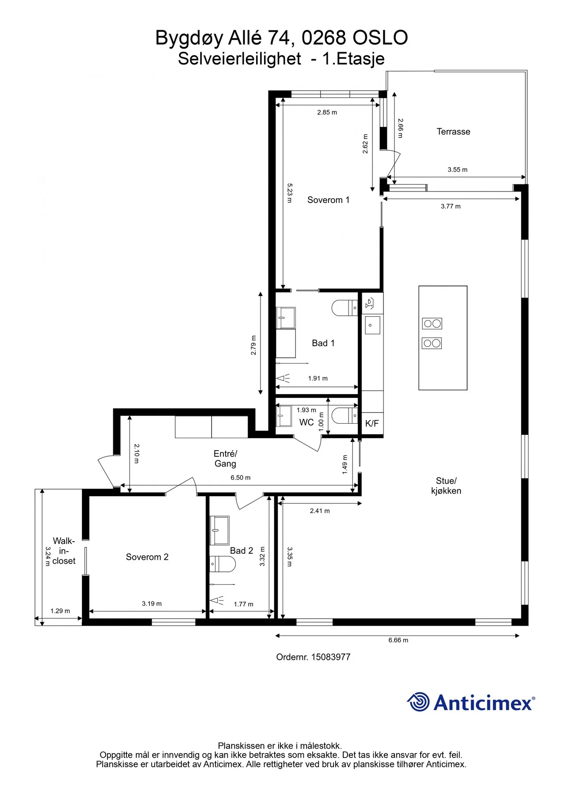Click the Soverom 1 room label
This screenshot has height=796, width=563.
point(328,200)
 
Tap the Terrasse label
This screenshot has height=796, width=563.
point(453,131)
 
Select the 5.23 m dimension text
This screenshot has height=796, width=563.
point(290,193)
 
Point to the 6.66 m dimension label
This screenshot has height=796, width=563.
point(398,640)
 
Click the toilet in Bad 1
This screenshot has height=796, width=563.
point(345,308)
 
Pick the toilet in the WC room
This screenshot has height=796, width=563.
point(345,416)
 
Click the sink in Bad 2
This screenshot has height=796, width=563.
point(219,530)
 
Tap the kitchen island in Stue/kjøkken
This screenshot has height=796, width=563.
point(443,338)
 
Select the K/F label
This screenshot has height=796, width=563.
point(372,423)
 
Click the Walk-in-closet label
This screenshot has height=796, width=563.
point(64,551)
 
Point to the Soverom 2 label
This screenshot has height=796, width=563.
point(147,557)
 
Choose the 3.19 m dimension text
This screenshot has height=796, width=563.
point(152,604)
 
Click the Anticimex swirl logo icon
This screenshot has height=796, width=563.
point(418,702)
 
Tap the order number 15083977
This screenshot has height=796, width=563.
point(331,657)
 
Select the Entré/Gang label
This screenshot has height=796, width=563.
point(225,459)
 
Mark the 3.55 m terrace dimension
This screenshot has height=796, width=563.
point(457,169)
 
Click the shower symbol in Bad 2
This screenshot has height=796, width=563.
point(217,600)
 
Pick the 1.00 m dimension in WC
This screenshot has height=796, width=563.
point(322,422)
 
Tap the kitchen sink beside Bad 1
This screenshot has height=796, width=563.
point(372,325)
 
